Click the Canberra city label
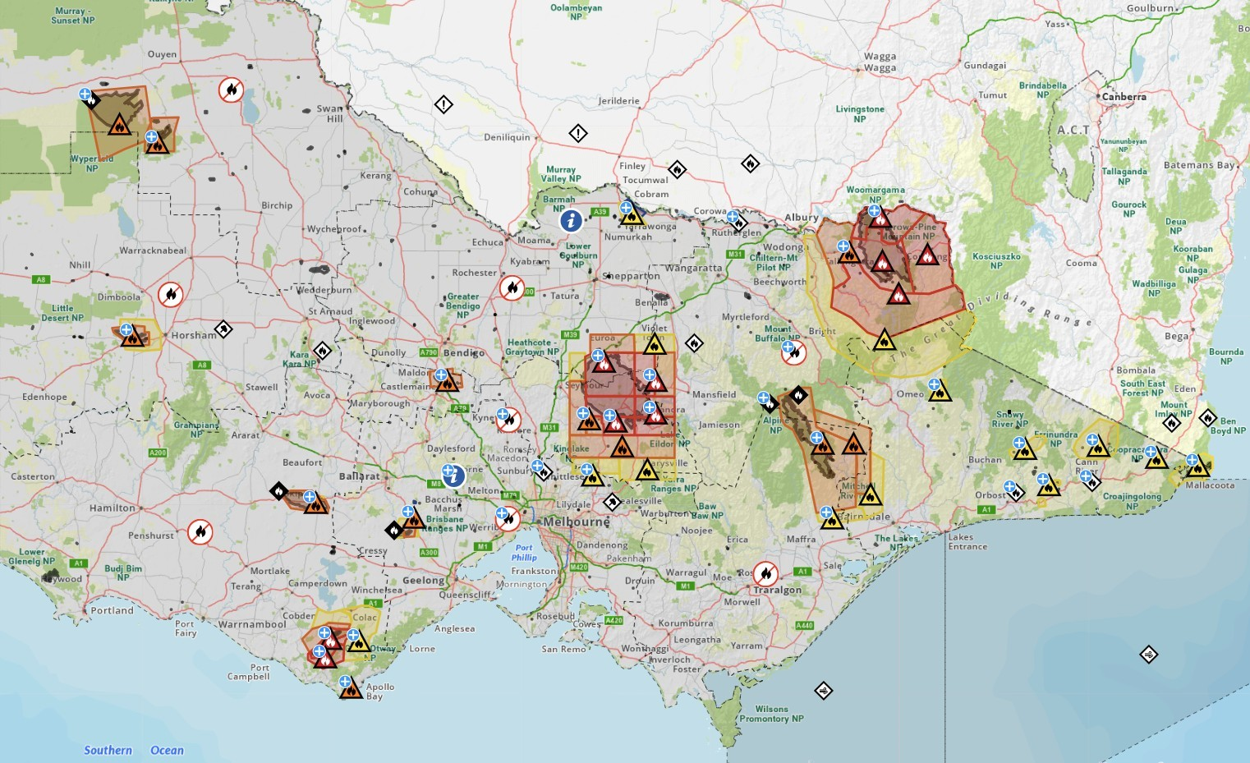(1124, 97)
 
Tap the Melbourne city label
(577, 522)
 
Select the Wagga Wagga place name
(880, 62)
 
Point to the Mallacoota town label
(1210, 485)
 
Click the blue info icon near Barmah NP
(571, 220)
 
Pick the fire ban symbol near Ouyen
(231, 90)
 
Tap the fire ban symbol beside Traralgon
(765, 573)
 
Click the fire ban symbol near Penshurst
(200, 532)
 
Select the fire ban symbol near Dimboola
(170, 294)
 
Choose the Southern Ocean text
(133, 751)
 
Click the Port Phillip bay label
(524, 553)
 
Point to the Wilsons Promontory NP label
(771, 714)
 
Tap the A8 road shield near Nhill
(41, 280)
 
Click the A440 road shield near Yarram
(804, 626)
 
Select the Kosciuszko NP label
(996, 261)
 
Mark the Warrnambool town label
(252, 624)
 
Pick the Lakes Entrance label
(967, 542)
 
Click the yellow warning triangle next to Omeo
(940, 392)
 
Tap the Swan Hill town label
(330, 113)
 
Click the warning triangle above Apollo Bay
(351, 689)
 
